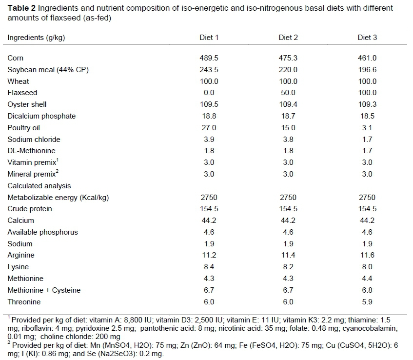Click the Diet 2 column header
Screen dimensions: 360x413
point(288,38)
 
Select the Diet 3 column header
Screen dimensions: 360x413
point(368,38)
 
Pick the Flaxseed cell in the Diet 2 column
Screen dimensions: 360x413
point(288,93)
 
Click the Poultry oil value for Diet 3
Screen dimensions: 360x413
point(368,128)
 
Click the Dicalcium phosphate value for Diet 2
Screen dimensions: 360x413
point(288,116)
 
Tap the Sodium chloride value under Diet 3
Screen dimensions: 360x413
point(368,140)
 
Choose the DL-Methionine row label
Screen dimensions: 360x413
point(28,151)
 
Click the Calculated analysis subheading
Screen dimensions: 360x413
point(39,186)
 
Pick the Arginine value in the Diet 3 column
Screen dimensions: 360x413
point(368,255)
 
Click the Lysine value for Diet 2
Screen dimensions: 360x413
point(288,267)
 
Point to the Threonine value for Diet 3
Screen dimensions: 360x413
point(368,302)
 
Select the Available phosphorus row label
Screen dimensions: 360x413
point(42,232)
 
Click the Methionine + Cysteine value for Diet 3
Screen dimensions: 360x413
point(368,290)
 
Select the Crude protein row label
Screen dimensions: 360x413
point(30,209)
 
